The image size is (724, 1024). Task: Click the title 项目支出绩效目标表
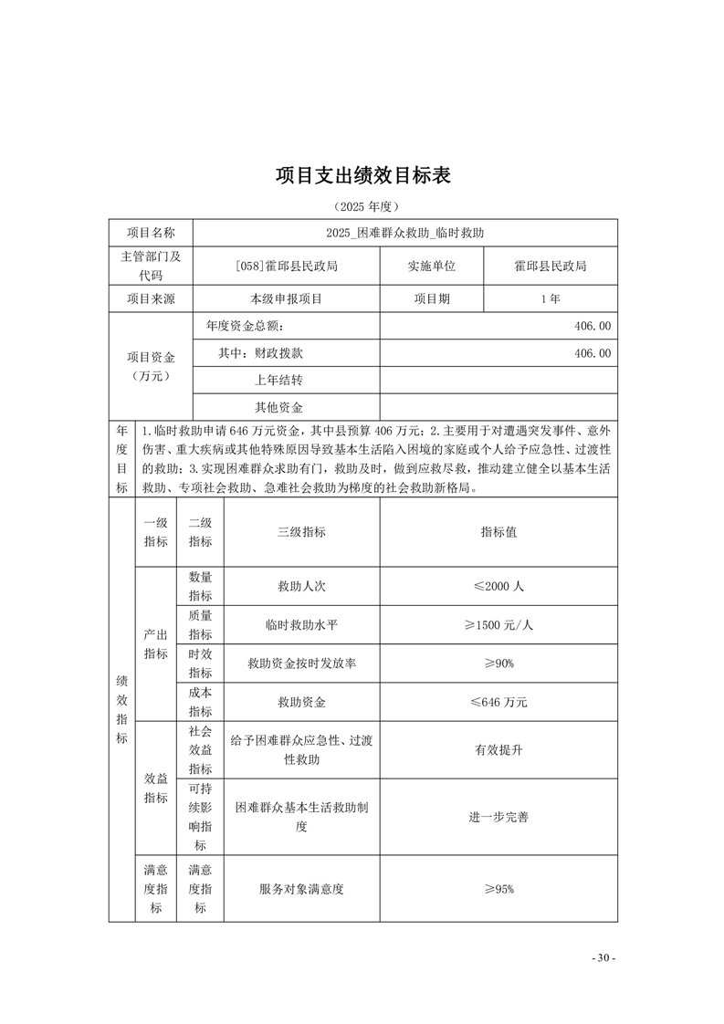click(362, 175)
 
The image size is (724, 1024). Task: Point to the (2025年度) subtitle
click(362, 207)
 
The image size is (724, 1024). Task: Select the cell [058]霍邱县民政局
click(286, 266)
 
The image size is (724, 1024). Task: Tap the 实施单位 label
click(431, 266)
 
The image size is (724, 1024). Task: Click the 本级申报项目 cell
click(286, 298)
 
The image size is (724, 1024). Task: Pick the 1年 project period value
click(550, 298)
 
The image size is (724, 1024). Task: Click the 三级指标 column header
click(301, 532)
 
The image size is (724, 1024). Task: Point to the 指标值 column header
click(498, 532)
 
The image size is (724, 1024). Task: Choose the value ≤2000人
click(498, 587)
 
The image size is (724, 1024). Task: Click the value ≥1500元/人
click(498, 625)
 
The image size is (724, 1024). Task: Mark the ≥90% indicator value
click(498, 664)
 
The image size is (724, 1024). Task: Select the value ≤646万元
click(498, 702)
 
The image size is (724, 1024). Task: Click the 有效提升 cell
click(498, 749)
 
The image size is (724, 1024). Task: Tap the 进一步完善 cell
click(498, 817)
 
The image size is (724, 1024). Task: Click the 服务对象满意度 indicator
click(301, 889)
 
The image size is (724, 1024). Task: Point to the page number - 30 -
click(603, 958)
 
